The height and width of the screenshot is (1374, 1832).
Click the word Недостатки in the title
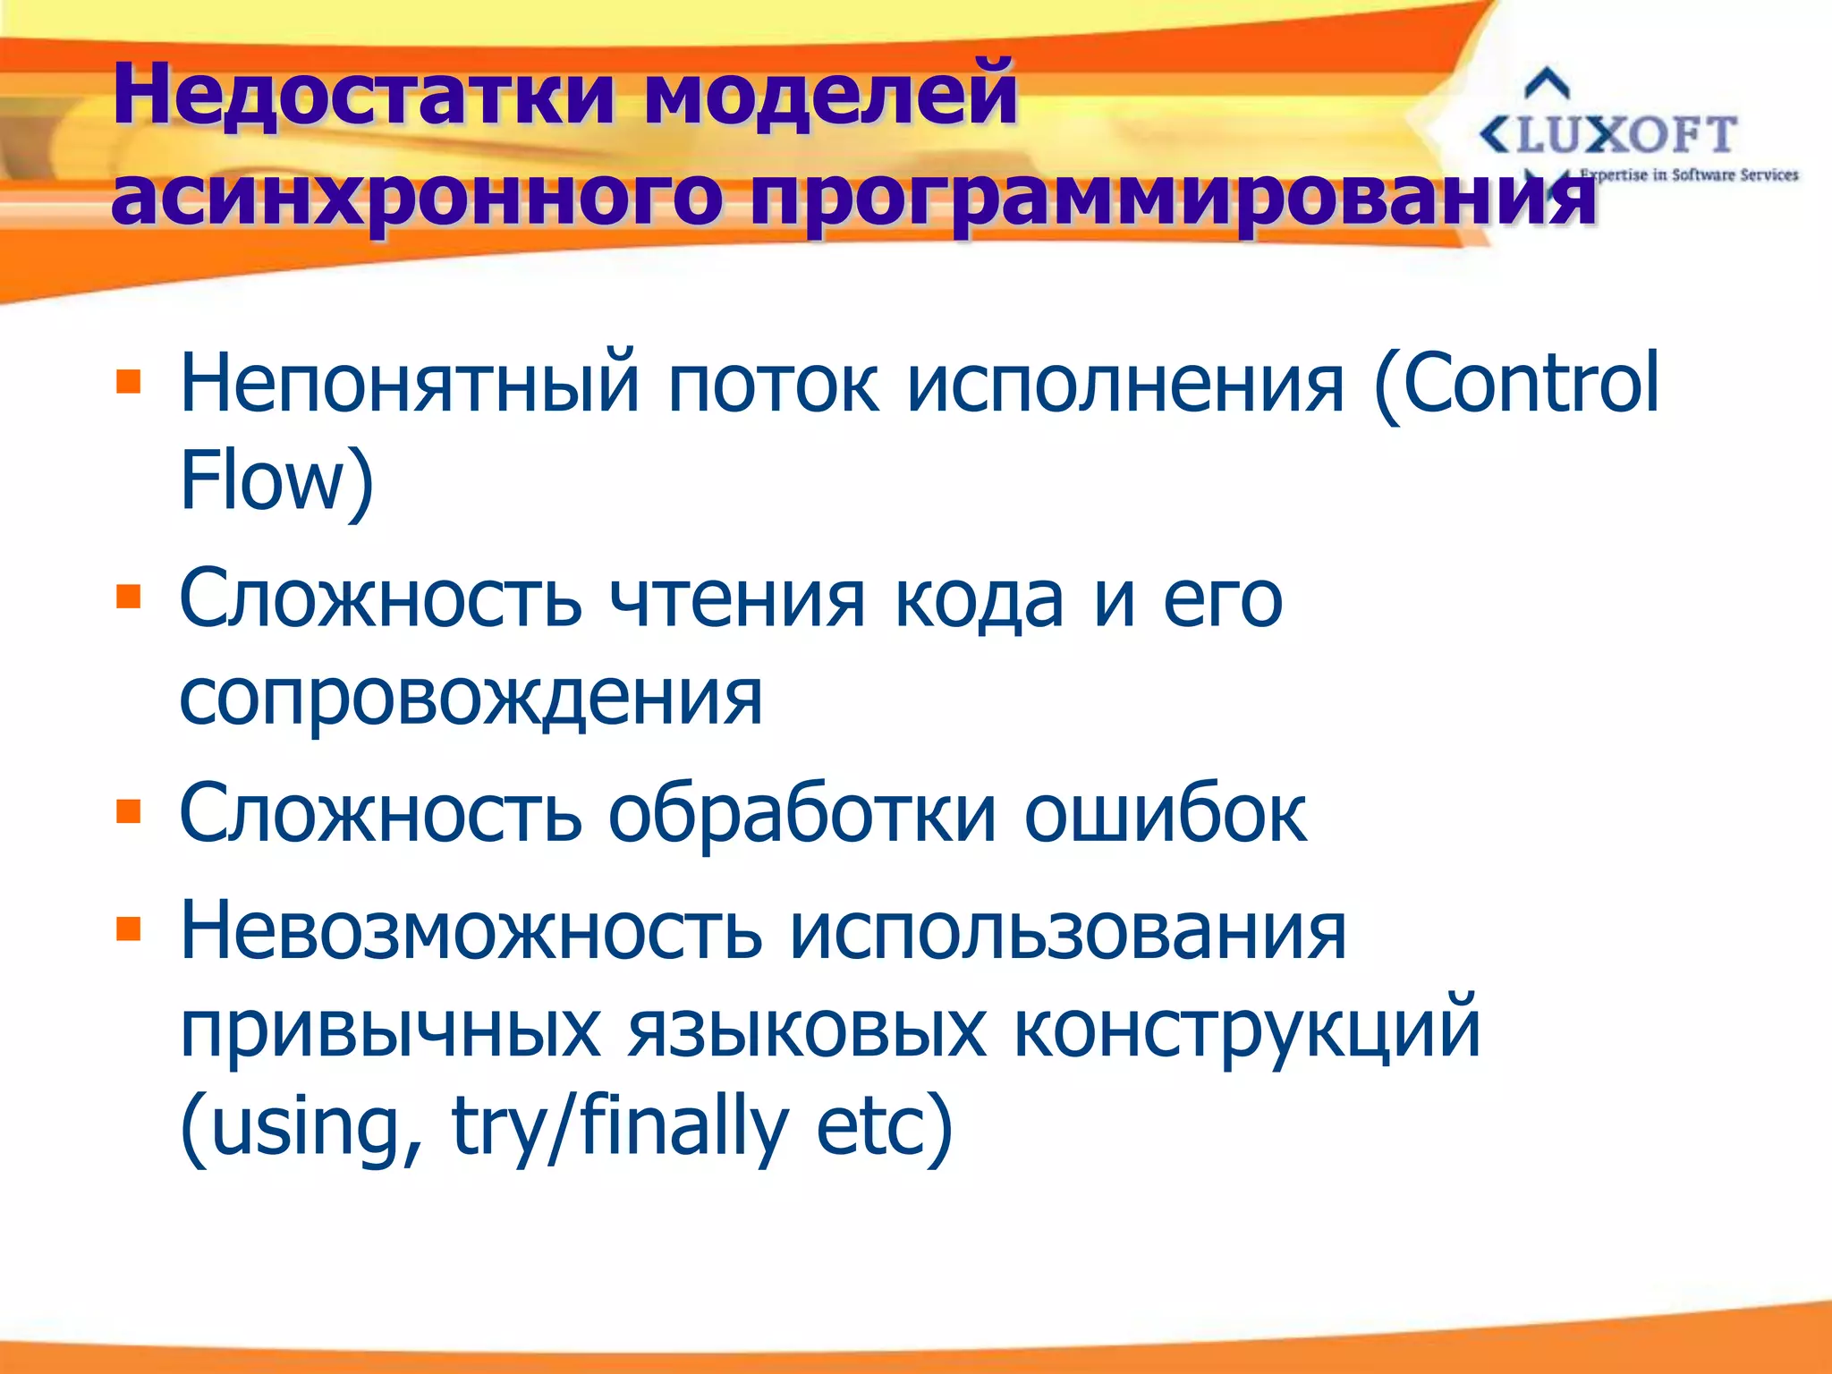point(362,93)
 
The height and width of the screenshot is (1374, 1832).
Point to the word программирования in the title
point(1172,197)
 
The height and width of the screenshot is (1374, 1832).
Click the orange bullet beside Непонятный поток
point(129,382)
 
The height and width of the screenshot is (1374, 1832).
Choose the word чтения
point(737,599)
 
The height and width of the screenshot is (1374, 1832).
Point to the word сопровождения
point(471,698)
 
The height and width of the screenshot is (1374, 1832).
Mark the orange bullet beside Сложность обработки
point(129,811)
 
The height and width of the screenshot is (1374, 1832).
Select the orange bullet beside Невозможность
point(129,929)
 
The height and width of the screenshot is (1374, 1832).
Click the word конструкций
point(1247,1030)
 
